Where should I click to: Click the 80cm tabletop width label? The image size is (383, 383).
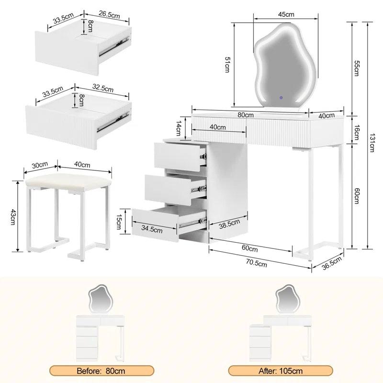pyautogui.click(x=246, y=115)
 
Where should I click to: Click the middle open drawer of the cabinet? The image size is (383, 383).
pyautogui.click(x=175, y=187)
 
